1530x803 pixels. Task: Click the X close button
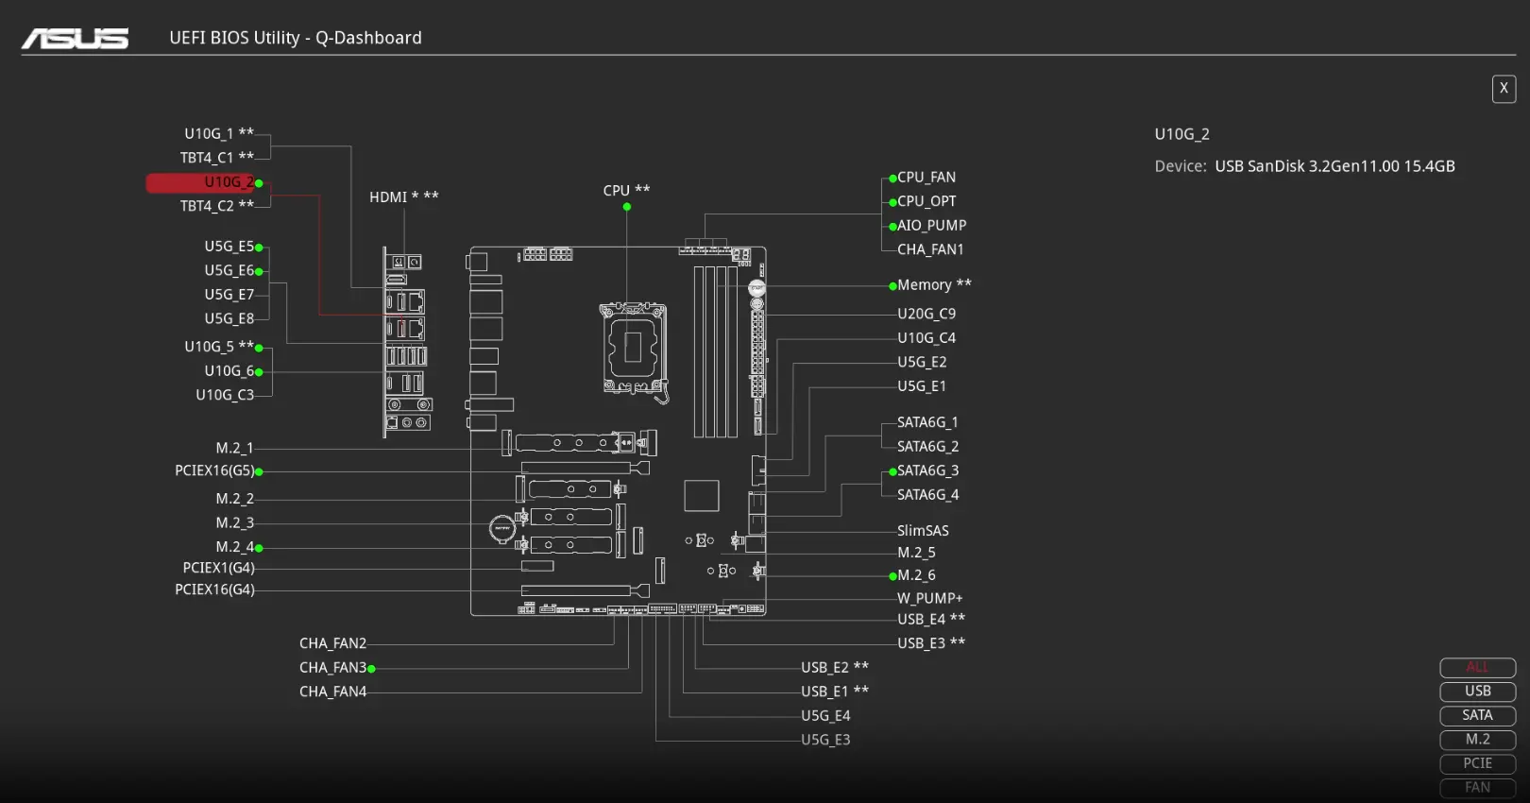1504,89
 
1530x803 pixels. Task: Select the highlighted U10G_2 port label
229,182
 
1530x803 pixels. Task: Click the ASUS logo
76,38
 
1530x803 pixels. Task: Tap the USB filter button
1477,692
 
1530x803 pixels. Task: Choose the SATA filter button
1477,715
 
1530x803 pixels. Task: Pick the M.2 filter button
1477,740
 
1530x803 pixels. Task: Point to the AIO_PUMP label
931,226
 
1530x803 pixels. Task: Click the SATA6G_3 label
927,470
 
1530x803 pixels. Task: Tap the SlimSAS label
923,531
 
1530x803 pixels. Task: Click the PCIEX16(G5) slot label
214,470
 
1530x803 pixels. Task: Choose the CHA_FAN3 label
332,668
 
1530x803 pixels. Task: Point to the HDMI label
388,197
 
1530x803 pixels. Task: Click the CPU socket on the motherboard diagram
633,349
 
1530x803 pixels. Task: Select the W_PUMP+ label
929,598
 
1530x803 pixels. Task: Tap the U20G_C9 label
926,314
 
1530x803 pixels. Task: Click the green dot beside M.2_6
892,576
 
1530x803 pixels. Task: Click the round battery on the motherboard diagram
501,528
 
